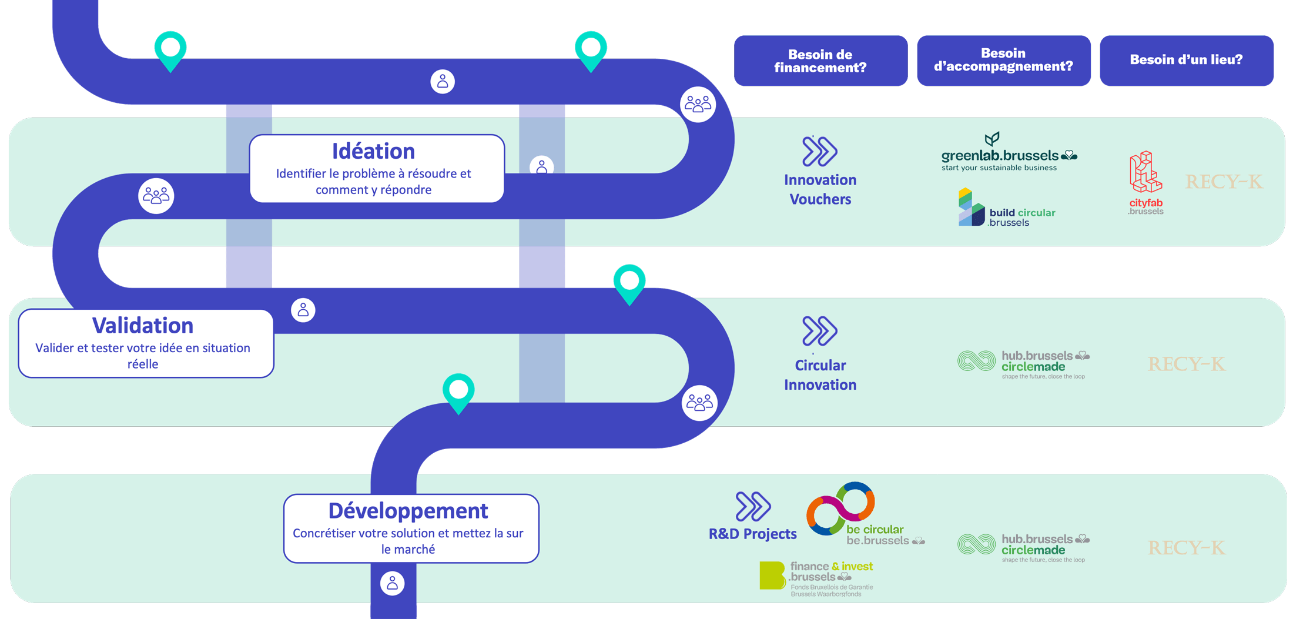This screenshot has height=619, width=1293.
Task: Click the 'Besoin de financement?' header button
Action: [820, 61]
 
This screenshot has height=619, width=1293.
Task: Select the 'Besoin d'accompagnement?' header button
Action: [1003, 60]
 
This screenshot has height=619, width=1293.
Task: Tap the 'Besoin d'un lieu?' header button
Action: [1186, 60]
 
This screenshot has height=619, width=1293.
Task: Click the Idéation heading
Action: [374, 151]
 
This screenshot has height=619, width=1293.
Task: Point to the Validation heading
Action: [143, 325]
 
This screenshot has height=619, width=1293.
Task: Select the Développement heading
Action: [408, 510]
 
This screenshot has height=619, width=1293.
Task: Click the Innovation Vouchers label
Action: [820, 189]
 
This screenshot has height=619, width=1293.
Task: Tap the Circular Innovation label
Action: [820, 374]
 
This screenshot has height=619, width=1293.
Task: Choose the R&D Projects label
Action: [752, 534]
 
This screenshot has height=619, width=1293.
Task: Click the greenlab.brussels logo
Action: [1009, 154]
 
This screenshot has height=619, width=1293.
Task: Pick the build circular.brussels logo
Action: [1006, 209]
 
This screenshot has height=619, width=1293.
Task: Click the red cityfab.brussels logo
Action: [1145, 183]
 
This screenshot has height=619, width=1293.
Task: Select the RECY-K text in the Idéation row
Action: [1224, 182]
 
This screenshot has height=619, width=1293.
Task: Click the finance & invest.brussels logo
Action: [817, 578]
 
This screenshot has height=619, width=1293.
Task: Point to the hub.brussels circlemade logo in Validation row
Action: [1023, 364]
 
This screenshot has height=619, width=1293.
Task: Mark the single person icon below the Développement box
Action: [393, 583]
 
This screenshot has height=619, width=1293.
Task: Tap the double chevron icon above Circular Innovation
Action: [819, 331]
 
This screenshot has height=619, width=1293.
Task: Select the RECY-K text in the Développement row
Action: [1186, 548]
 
